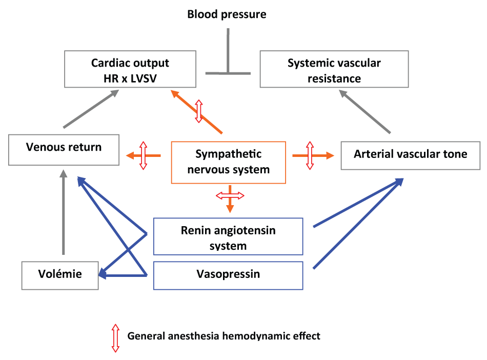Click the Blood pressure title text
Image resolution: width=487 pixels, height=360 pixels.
click(x=227, y=14)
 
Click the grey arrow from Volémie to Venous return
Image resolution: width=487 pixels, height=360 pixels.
click(x=64, y=212)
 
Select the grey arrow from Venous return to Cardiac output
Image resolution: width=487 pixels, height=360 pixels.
click(x=91, y=109)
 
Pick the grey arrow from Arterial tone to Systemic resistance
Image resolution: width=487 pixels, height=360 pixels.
click(x=364, y=111)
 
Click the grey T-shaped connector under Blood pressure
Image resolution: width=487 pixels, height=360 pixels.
click(x=228, y=73)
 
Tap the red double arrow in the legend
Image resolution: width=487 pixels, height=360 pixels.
click(x=115, y=338)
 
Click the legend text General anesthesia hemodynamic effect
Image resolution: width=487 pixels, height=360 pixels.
click(x=224, y=336)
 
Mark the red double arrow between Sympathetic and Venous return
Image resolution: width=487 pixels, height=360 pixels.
click(x=143, y=155)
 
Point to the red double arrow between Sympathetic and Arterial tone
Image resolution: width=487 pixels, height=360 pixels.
click(x=310, y=155)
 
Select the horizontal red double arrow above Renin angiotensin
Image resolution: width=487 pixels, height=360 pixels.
click(x=230, y=195)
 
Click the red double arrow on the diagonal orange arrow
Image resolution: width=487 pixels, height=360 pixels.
click(x=199, y=111)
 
